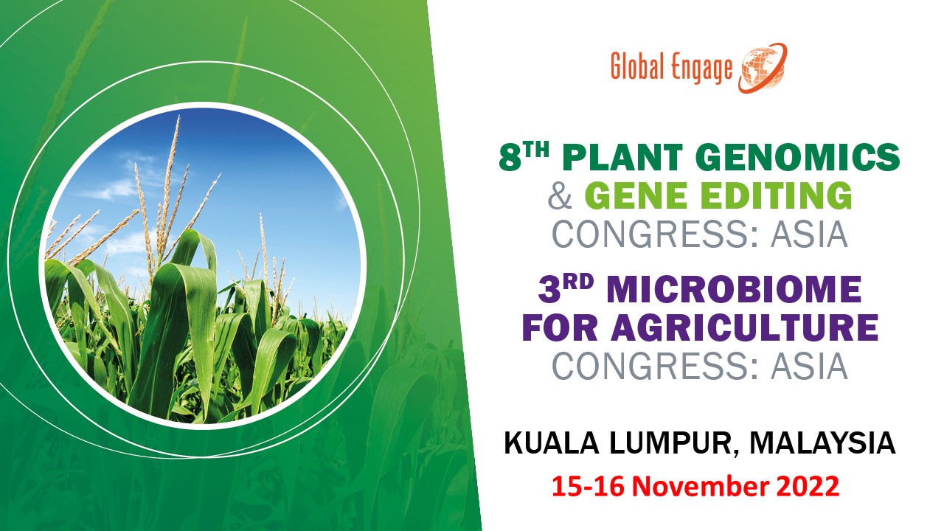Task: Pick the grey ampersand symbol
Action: (x=560, y=196)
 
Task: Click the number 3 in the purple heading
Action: (x=549, y=290)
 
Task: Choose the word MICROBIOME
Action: (x=734, y=290)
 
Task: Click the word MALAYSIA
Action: (x=822, y=443)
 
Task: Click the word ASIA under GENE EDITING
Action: (x=809, y=235)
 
